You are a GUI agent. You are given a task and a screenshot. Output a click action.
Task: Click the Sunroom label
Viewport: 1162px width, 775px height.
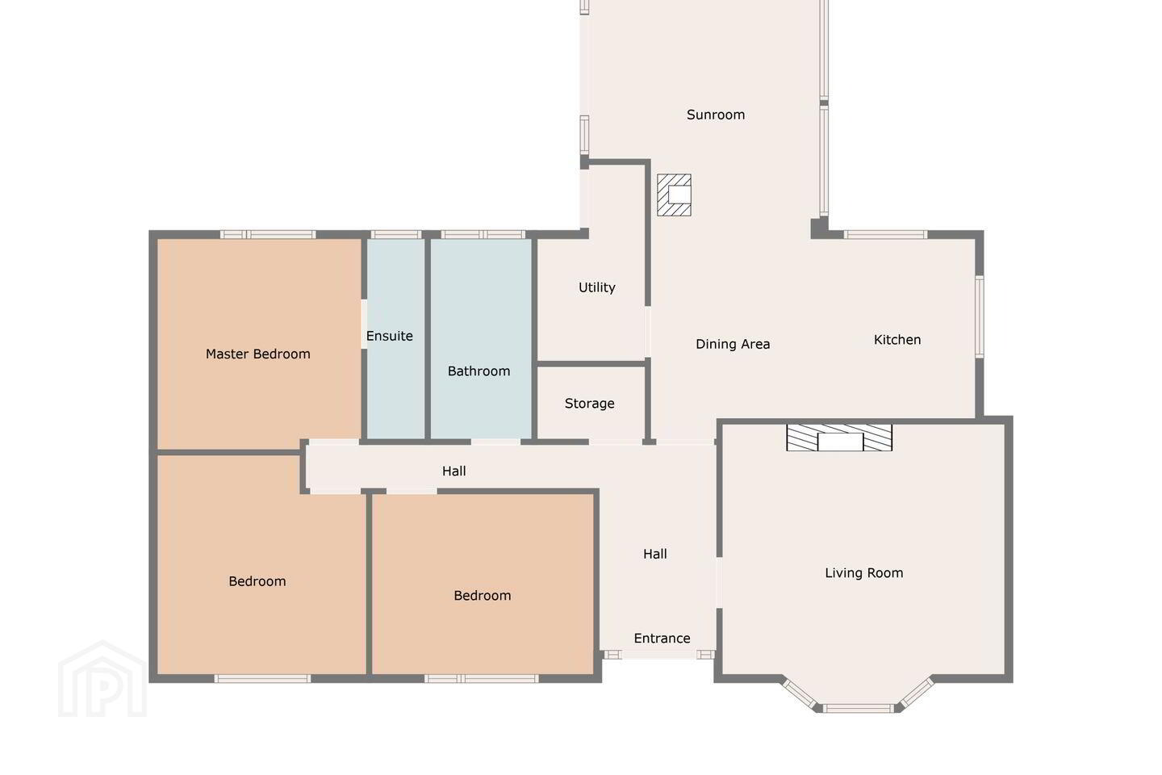715,115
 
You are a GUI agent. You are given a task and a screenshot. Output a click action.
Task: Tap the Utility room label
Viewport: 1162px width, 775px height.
596,287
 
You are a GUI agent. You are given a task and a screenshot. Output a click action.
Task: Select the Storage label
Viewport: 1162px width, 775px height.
589,404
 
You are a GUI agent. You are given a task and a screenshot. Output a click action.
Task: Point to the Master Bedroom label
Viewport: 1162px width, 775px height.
258,354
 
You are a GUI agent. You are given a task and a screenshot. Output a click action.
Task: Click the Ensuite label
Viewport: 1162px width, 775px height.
390,336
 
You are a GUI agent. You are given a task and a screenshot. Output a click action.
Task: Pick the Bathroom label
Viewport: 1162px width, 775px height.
479,371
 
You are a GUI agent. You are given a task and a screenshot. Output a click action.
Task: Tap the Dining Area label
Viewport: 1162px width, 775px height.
733,344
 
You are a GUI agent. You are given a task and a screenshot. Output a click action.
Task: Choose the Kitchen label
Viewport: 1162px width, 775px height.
897,340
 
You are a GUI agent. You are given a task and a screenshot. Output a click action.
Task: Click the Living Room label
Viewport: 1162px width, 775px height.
863,573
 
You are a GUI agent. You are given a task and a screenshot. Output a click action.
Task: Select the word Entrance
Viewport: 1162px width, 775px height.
662,638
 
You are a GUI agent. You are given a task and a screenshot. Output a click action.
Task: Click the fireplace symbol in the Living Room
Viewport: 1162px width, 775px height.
839,438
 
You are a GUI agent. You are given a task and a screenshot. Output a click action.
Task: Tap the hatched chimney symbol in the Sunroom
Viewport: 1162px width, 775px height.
674,195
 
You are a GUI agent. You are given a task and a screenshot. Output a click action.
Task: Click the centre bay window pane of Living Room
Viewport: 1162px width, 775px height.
859,708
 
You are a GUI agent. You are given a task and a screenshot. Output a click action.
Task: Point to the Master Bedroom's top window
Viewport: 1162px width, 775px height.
268,235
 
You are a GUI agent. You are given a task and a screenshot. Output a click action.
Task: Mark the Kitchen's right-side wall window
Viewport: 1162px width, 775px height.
980,316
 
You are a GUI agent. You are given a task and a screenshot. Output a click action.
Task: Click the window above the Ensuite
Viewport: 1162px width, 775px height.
395,235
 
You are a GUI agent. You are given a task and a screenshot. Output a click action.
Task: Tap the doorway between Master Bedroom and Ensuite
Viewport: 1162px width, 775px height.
364,325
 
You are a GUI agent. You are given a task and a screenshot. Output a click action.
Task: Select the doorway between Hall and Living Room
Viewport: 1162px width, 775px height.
720,582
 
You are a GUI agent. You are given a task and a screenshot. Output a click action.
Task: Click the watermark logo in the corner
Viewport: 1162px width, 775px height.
102,679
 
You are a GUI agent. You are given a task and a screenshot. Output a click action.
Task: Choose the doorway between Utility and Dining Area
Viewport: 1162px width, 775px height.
647,332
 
